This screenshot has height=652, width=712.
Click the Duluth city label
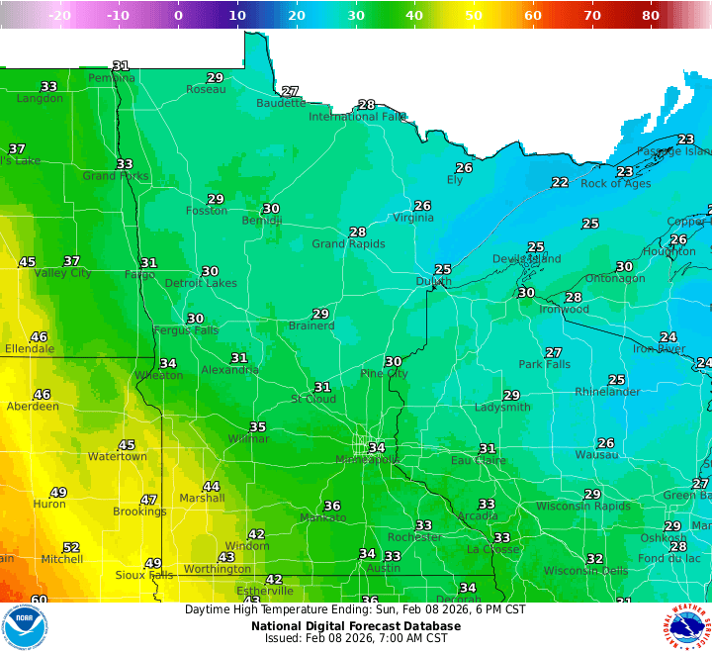431,282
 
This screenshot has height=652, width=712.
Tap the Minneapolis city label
367,460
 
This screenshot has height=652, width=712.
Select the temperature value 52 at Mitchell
71,547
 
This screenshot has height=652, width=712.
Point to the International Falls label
357,117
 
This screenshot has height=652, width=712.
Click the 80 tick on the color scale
651,16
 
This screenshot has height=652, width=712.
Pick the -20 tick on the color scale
58,16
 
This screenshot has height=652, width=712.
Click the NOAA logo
24,626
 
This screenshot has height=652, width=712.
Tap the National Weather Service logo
687,626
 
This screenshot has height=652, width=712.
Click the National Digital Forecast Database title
355,625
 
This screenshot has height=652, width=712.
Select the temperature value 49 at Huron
58,493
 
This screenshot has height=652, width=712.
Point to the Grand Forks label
115,176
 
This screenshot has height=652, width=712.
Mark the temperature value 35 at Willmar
258,427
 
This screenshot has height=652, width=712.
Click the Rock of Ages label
615,184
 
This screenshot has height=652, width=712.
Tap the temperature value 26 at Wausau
606,443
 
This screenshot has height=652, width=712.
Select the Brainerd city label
311,326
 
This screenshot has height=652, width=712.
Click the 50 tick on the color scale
474,16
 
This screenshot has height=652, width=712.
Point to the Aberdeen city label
33,407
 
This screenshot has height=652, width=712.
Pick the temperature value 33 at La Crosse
502,538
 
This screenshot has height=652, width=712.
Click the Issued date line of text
355,638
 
